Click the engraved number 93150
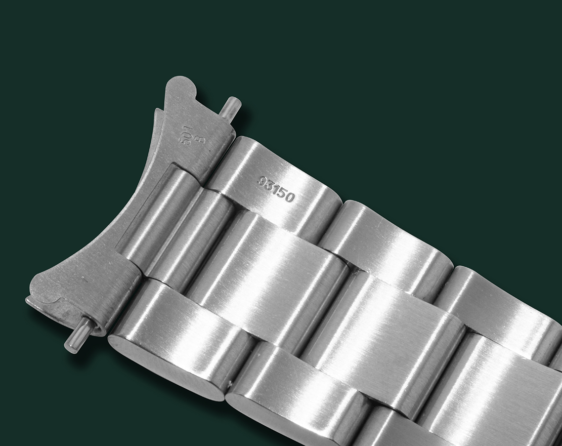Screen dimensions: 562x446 coord(276,189)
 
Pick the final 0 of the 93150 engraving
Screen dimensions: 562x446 coord(290,198)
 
